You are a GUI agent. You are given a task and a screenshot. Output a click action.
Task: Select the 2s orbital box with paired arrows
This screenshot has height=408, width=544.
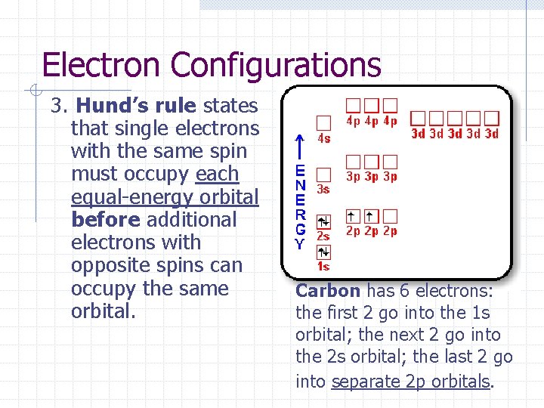pyautogui.click(x=323, y=221)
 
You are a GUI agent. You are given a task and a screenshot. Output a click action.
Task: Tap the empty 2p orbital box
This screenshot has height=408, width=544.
pyautogui.click(x=390, y=216)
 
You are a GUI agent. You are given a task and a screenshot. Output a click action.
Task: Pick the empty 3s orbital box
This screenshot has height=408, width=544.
pyautogui.click(x=323, y=175)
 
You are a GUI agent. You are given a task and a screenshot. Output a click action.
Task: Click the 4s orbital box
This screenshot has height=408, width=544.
pyautogui.click(x=323, y=122)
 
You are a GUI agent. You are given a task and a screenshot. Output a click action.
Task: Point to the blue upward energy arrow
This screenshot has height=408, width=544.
pyautogui.click(x=300, y=147)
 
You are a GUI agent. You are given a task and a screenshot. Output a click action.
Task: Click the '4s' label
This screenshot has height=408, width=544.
pyautogui.click(x=323, y=138)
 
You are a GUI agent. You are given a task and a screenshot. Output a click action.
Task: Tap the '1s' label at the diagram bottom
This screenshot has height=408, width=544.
pyautogui.click(x=323, y=266)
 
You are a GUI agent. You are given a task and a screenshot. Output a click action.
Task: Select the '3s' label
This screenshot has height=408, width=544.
pyautogui.click(x=323, y=190)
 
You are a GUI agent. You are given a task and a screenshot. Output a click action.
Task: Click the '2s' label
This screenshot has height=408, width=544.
pyautogui.click(x=323, y=236)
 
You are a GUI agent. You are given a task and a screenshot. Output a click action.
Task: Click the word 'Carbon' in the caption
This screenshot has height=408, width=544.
pyautogui.click(x=328, y=290)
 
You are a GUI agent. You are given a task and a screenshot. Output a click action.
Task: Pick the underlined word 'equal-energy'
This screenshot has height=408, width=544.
pyautogui.click(x=116, y=196)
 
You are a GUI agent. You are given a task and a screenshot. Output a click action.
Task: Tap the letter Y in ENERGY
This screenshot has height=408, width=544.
pyautogui.click(x=300, y=244)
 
